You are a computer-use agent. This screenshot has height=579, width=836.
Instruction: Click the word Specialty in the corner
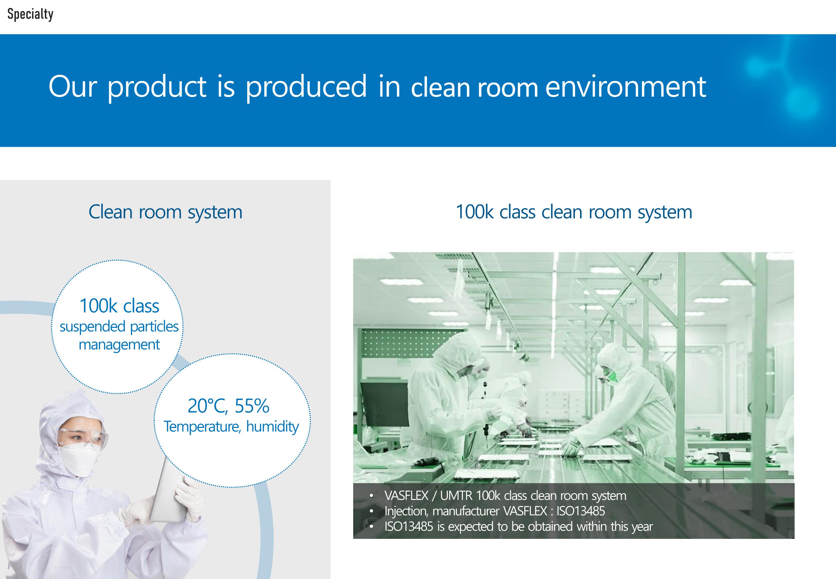coord(30,14)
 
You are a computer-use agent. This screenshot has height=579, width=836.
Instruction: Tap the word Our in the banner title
coord(73,86)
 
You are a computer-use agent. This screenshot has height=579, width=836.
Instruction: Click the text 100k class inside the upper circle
coord(119,306)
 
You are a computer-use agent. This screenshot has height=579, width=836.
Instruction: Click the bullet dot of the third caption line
coord(371,527)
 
